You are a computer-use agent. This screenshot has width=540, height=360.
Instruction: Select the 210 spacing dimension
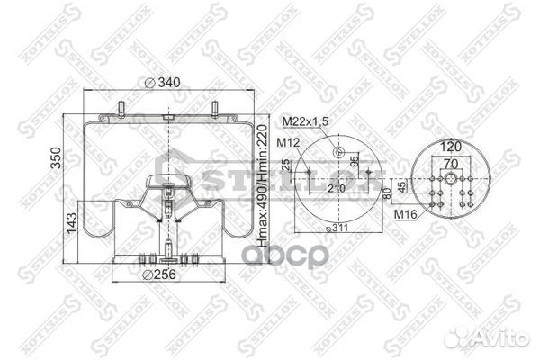(x=336, y=189)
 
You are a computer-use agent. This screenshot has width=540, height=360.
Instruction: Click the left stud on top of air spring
(x=119, y=112)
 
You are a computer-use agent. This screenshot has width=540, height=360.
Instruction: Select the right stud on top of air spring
(x=214, y=112)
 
